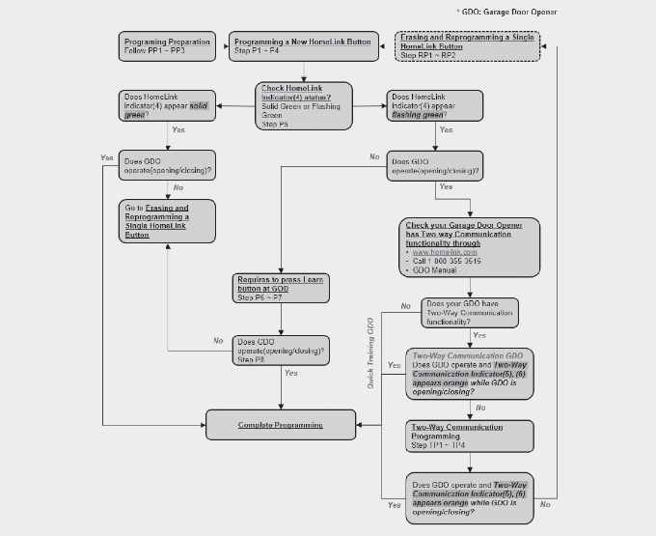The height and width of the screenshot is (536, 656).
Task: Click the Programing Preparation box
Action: [168, 46]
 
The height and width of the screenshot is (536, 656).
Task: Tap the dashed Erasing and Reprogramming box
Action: [467, 46]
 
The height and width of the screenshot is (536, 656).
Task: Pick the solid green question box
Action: [168, 104]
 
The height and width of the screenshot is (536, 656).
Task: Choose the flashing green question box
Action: [434, 104]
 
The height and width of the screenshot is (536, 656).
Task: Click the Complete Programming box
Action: [281, 424]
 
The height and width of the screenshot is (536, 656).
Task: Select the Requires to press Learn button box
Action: [282, 289]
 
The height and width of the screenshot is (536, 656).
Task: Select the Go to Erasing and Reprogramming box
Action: [168, 221]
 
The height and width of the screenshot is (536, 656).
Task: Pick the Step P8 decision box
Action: [281, 350]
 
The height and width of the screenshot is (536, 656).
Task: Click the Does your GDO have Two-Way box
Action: [470, 312]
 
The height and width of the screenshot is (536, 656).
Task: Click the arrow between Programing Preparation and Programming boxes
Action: [222, 46]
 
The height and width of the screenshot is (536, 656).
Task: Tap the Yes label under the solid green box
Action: [178, 128]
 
